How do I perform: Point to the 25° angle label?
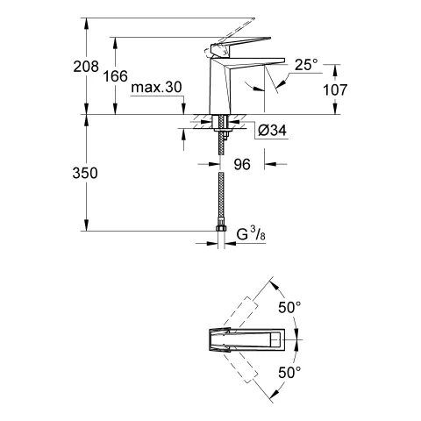306,65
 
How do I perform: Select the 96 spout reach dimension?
241,164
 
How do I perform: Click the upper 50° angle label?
289,309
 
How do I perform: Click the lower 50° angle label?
289,372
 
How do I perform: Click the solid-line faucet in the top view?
246,340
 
